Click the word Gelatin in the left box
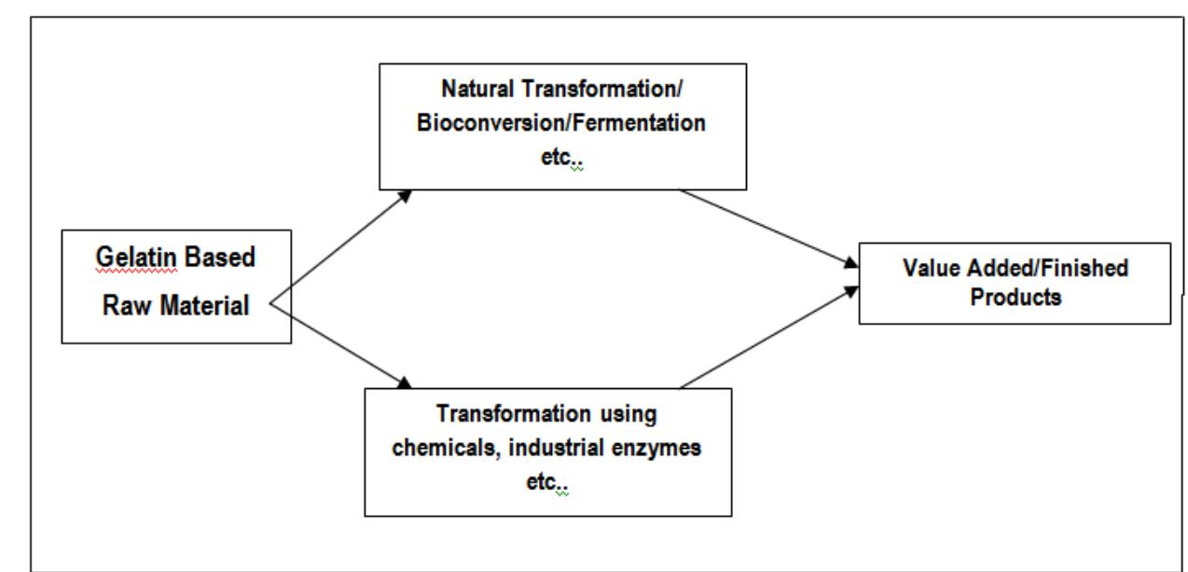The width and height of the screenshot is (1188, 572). coord(136,258)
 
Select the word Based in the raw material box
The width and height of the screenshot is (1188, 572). coord(220,258)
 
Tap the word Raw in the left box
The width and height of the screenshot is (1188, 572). coord(127,306)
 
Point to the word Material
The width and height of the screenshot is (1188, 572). coord(205,306)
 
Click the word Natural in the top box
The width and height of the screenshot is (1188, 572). coord(477,89)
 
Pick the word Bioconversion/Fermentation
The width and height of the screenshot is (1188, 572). coord(561,123)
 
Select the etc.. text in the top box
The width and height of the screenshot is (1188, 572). coord(561,158)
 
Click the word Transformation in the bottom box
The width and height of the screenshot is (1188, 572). coord(514,414)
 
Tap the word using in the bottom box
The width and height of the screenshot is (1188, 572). coord(629,415)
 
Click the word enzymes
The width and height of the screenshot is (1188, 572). coord(656,449)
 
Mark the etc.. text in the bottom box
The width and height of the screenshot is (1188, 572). coord(546,482)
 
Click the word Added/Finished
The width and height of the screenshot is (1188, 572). coord(1048,268)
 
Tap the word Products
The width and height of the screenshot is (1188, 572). coord(1015,297)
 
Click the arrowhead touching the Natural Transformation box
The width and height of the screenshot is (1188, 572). coord(406,196)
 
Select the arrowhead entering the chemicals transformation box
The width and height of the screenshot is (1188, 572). coord(404,383)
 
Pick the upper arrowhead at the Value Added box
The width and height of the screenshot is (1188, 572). coord(850,262)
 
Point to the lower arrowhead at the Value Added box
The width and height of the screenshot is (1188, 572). coord(850,291)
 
